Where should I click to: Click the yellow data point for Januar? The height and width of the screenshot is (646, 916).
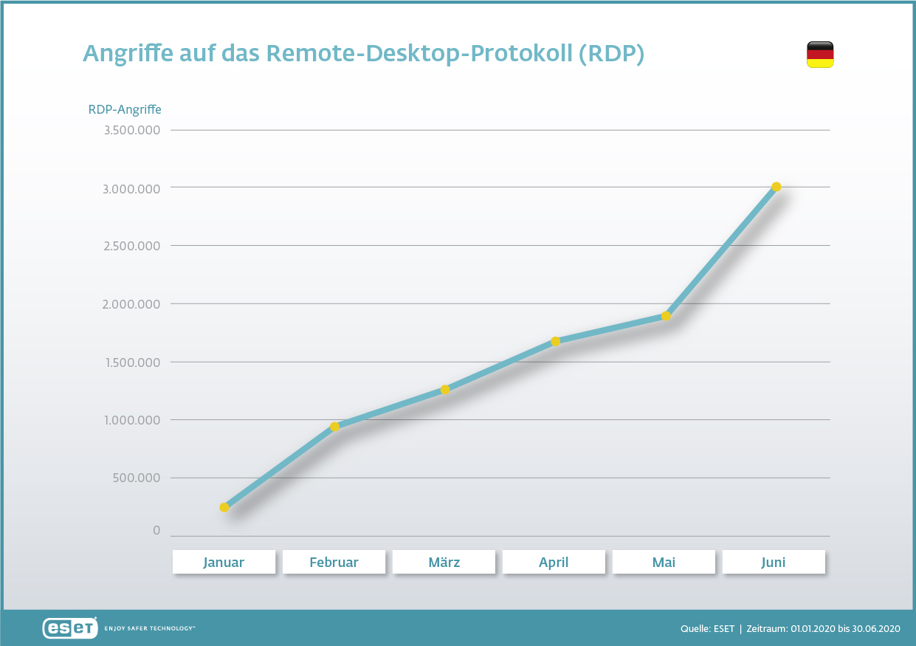[x=224, y=507]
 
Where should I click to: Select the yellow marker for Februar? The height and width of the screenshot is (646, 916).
[x=334, y=427]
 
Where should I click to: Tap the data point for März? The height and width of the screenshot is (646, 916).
[x=445, y=390]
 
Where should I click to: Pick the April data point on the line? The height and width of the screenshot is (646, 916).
[x=555, y=341]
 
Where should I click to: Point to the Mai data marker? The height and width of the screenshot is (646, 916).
[x=666, y=316]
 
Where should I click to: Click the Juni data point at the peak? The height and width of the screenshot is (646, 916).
[x=776, y=187]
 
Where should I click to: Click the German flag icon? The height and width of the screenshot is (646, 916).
[x=819, y=55]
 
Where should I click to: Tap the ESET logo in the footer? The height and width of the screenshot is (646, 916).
[x=70, y=628]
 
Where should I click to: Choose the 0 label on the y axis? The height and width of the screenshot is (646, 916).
[x=156, y=531]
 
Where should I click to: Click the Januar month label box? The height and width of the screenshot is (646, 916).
[x=224, y=562]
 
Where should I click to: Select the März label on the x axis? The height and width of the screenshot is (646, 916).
[x=444, y=562]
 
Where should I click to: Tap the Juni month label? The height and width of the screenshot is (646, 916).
[x=774, y=562]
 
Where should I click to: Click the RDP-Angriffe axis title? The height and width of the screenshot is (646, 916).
[x=125, y=109]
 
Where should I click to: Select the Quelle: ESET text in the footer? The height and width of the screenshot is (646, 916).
[x=707, y=628]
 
